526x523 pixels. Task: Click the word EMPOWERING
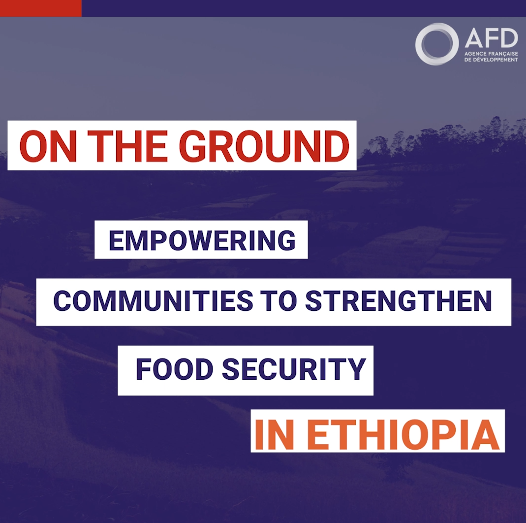202,241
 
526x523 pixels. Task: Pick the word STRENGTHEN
398,301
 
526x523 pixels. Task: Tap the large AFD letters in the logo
491,38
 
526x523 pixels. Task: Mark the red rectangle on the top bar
40,8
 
